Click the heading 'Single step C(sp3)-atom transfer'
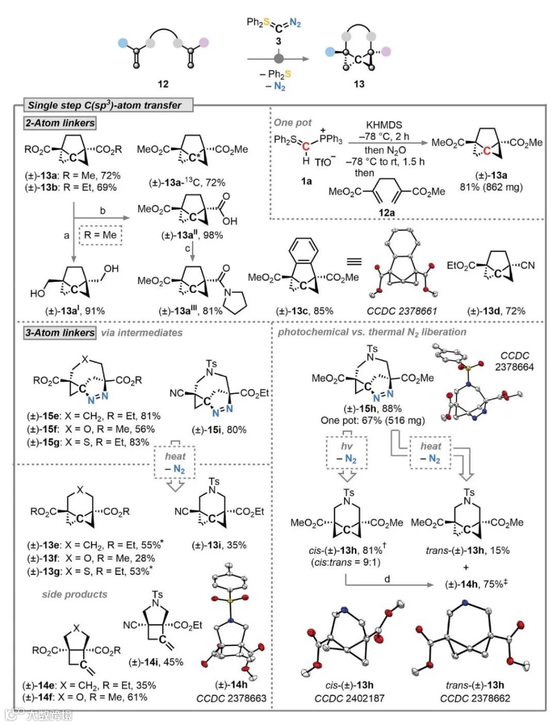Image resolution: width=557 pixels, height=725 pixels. point(104,105)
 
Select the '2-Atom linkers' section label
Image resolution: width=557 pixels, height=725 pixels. point(60,123)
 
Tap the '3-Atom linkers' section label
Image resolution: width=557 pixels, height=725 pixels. point(60,333)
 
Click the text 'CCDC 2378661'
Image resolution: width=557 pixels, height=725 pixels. point(402,311)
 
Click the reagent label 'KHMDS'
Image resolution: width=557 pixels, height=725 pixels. point(384,125)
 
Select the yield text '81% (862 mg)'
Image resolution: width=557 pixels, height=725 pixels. point(491,187)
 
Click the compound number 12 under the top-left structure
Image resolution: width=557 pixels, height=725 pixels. point(163,84)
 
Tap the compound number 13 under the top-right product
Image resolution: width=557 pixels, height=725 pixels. point(359,84)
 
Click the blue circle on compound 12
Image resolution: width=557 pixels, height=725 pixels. point(122,43)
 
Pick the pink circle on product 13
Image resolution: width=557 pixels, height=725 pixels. point(386,51)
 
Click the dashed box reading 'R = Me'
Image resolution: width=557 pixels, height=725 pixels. point(101,235)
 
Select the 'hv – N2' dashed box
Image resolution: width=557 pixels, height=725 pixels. point(347,453)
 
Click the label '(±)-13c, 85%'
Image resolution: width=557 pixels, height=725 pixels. point(305,311)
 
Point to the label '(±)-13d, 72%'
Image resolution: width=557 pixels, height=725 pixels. point(496,311)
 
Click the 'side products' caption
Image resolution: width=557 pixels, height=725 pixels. point(75,595)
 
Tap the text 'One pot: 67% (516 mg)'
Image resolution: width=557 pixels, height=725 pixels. point(372,420)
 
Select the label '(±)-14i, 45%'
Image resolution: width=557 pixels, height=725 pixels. point(156,662)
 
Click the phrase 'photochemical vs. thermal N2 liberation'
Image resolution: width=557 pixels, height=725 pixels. point(372,333)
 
